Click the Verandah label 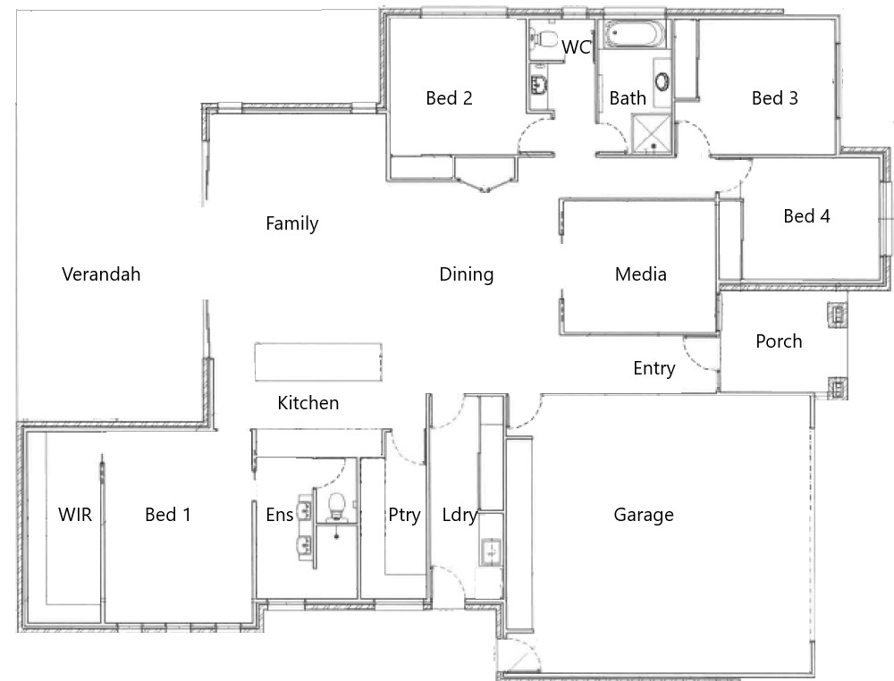(101, 274)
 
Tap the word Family (292, 223)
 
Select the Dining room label (467, 274)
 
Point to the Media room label (640, 274)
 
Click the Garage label (644, 515)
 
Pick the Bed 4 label (806, 216)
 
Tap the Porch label (779, 341)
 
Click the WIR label (75, 515)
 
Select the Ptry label (404, 515)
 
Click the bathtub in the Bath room (635, 35)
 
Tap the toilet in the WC (544, 38)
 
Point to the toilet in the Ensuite (336, 507)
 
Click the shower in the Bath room (653, 134)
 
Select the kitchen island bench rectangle (318, 361)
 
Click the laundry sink (491, 551)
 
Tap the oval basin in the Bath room (662, 81)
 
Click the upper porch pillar (837, 315)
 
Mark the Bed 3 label (774, 98)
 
